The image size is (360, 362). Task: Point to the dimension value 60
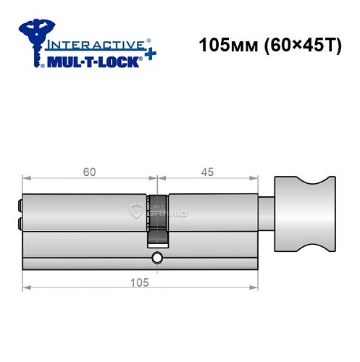click(89, 172)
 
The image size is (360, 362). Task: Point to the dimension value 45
click(206, 172)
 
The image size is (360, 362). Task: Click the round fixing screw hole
click(157, 256)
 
